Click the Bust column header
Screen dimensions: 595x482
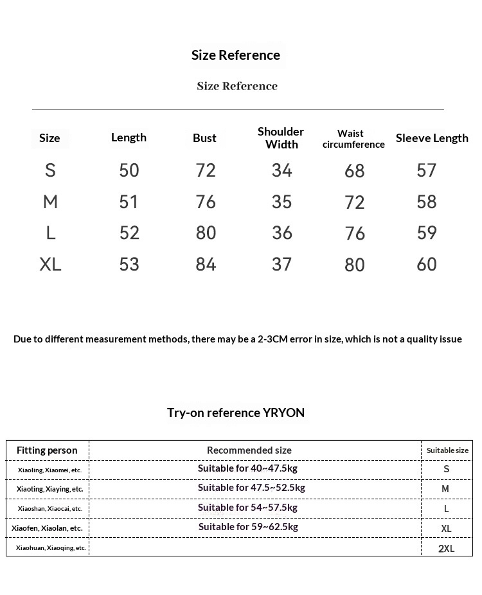pos(204,138)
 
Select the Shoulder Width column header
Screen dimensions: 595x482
pos(281,138)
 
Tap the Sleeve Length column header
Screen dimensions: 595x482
pos(432,138)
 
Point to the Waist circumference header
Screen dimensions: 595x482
pos(353,139)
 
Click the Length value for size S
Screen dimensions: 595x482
pos(129,170)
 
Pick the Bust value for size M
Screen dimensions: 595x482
pos(206,202)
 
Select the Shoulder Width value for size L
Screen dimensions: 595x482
pos(282,233)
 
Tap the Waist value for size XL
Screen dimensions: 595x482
pos(355,265)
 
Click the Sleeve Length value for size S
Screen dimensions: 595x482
pos(427,170)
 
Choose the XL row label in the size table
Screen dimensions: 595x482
pos(50,264)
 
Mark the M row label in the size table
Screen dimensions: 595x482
pos(50,202)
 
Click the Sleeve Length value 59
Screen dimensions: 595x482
pos(427,233)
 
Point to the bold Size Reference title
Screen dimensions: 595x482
pos(236,55)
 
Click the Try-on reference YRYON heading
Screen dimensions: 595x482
pos(236,413)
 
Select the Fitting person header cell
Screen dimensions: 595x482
pos(47,450)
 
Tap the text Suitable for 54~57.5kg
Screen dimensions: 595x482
pos(247,508)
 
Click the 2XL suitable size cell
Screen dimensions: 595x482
pos(446,548)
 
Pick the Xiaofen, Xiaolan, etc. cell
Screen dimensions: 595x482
pos(47,528)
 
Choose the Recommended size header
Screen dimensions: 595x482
pos(249,450)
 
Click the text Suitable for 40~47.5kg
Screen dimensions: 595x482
pos(247,468)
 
